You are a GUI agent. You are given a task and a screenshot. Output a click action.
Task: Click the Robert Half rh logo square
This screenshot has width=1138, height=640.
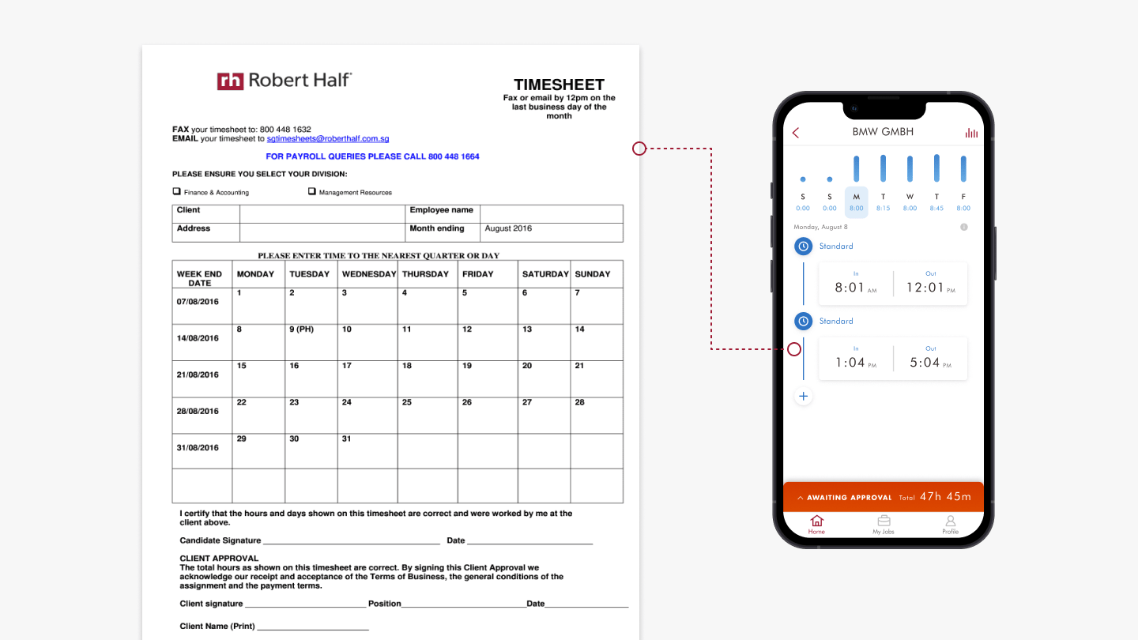pyautogui.click(x=230, y=81)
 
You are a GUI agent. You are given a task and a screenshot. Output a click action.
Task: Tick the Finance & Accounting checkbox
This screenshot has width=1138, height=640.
pyautogui.click(x=177, y=191)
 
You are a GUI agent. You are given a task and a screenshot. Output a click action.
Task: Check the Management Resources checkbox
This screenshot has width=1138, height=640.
pyautogui.click(x=312, y=191)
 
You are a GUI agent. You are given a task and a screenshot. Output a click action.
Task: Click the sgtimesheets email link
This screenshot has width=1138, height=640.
pyautogui.click(x=328, y=139)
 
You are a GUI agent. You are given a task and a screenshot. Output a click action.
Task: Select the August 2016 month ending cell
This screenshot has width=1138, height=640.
pyautogui.click(x=552, y=232)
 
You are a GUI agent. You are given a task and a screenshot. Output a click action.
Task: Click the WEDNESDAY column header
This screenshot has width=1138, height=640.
pyautogui.click(x=369, y=274)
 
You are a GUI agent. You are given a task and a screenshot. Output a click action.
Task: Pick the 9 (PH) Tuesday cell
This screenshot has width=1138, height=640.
pyautogui.click(x=311, y=342)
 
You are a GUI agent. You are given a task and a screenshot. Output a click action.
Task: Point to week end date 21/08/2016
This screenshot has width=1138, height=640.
pyautogui.click(x=198, y=375)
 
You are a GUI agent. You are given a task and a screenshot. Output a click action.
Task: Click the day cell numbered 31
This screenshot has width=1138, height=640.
pyautogui.click(x=367, y=451)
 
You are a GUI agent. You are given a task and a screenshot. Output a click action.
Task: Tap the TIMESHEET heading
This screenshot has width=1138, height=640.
pyautogui.click(x=559, y=85)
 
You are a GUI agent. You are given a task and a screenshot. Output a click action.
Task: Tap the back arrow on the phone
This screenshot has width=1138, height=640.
pyautogui.click(x=796, y=133)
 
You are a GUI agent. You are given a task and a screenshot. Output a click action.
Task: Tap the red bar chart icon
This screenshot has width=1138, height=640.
pyautogui.click(x=971, y=133)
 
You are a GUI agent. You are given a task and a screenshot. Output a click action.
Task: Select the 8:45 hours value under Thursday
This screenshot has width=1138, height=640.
pyautogui.click(x=936, y=209)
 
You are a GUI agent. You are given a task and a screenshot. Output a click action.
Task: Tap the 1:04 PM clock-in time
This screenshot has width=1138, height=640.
pyautogui.click(x=856, y=363)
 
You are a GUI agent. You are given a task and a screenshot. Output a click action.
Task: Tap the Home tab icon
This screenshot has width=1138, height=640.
pyautogui.click(x=816, y=521)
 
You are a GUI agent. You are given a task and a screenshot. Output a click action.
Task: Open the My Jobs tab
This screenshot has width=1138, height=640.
pyautogui.click(x=884, y=525)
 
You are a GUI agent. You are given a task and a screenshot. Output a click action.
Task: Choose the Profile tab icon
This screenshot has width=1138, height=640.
pyautogui.click(x=950, y=521)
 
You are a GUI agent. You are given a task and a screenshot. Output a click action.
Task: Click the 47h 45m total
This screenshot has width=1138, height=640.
pyautogui.click(x=945, y=497)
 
